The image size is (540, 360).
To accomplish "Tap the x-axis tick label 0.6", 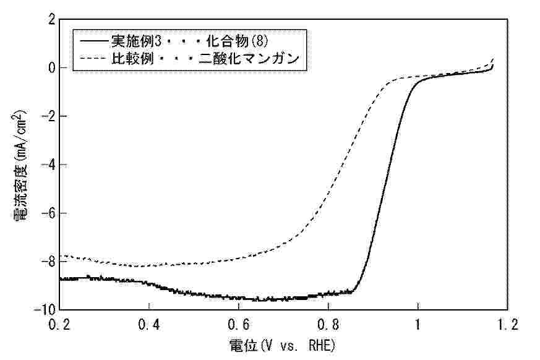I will point(239,324).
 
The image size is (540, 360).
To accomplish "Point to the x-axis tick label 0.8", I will point(328,324).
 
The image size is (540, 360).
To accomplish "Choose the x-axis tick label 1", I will point(418,324).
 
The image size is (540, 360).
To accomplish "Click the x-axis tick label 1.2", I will point(507,324).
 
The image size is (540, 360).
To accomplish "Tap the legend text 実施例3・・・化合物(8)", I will point(190,43).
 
